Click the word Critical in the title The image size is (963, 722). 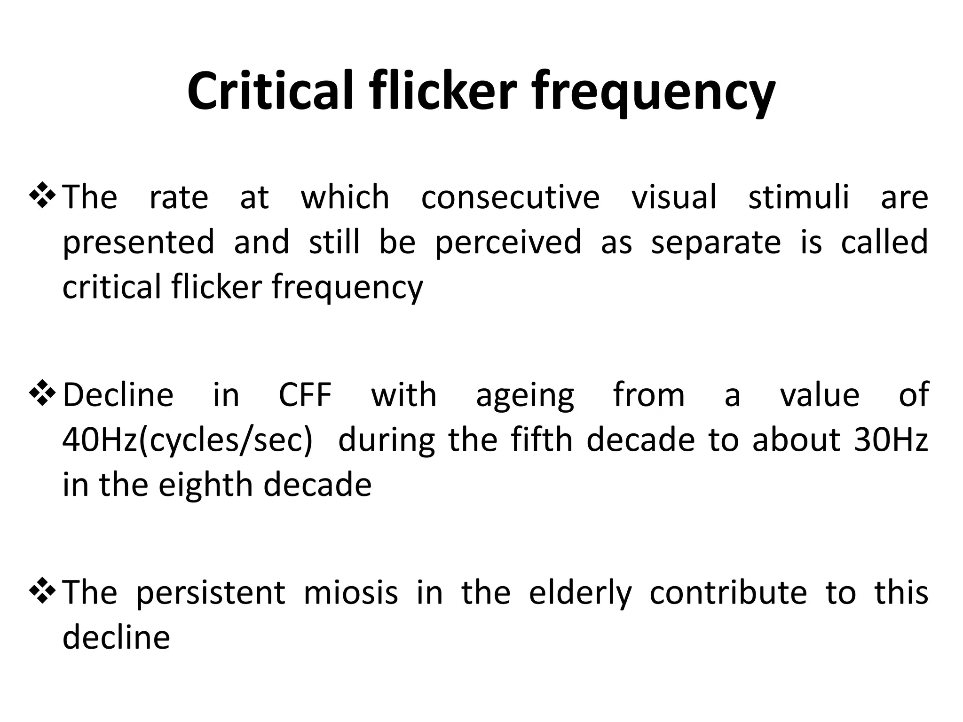tap(270, 90)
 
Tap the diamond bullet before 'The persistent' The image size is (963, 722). tap(43, 592)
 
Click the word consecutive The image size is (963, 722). tap(510, 197)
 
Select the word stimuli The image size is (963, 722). tap(798, 197)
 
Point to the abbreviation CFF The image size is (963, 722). tap(305, 395)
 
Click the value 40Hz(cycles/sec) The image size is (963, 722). tap(187, 440)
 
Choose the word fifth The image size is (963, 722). tap(541, 440)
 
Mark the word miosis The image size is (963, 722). tap(351, 592)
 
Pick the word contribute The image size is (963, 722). tap(728, 592)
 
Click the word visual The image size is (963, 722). tap(674, 197)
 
